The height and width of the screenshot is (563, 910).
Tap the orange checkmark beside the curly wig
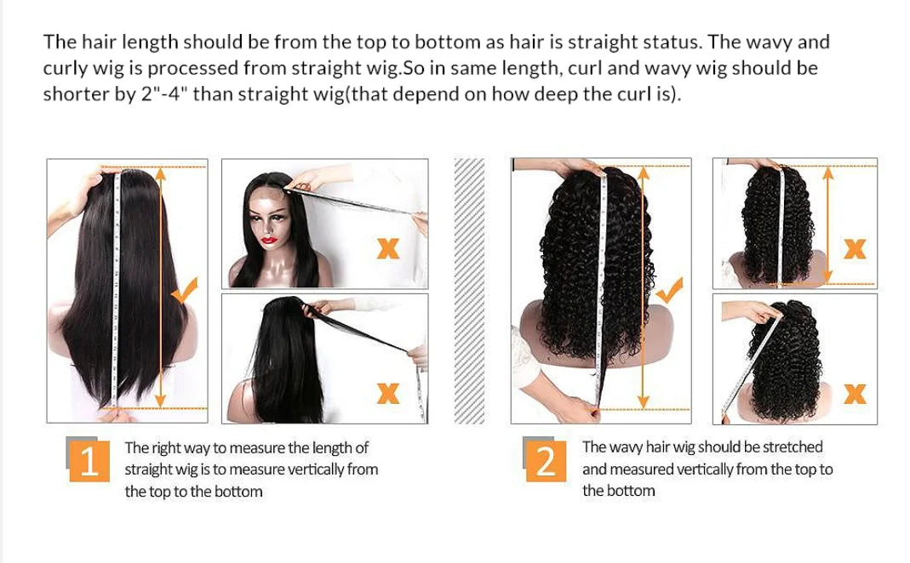point(671,291)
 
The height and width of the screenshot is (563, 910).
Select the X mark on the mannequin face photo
point(388,248)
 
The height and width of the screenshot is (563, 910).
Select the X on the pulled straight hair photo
point(388,393)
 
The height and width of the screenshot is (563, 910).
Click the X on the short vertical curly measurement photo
point(854,248)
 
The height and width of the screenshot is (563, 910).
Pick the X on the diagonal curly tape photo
point(854,393)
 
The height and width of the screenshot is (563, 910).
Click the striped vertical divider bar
point(469,291)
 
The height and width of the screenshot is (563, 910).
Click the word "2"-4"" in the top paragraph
point(164,94)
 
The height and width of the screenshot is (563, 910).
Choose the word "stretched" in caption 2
point(793,446)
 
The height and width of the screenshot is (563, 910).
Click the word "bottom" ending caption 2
point(631,491)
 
